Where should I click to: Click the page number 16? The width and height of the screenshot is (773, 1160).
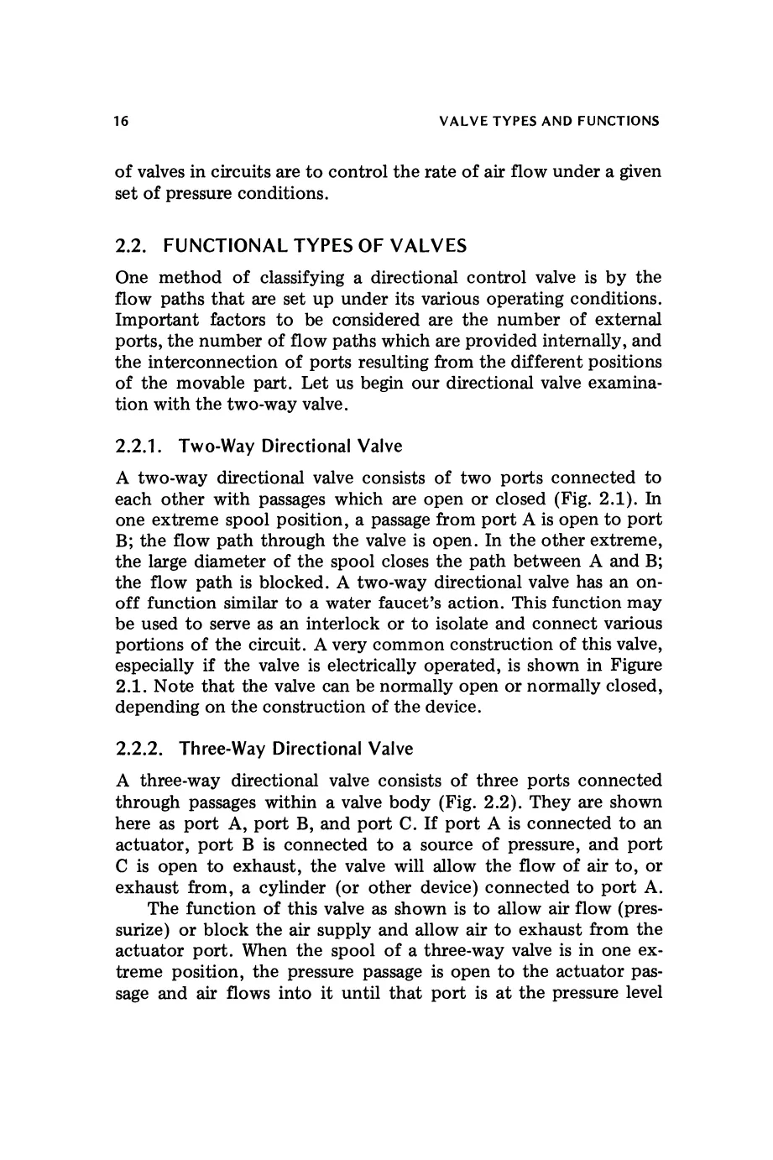tap(122, 122)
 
